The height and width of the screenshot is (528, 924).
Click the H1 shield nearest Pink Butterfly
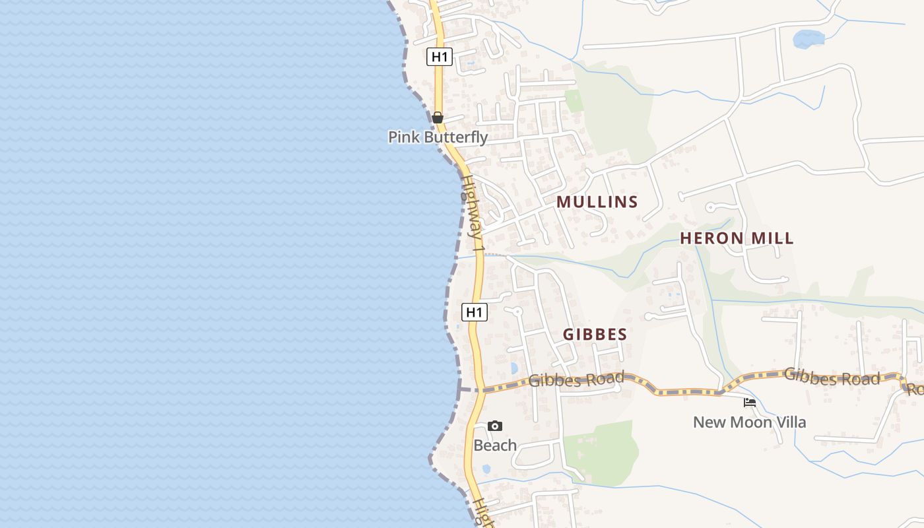(x=440, y=57)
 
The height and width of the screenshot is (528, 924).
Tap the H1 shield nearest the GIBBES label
(x=474, y=312)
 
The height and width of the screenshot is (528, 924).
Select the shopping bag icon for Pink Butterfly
(x=437, y=117)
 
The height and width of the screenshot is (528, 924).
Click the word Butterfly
(x=456, y=137)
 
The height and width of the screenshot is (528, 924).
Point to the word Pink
(x=404, y=137)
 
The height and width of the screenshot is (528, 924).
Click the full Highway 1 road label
(x=473, y=214)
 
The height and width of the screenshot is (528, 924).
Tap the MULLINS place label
(x=597, y=202)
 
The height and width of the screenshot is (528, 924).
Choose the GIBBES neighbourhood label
(x=595, y=335)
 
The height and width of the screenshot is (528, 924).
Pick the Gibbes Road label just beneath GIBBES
(x=576, y=379)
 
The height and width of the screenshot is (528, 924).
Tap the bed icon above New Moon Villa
(x=749, y=402)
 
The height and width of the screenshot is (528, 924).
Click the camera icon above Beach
(x=495, y=426)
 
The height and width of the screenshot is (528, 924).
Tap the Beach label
(x=495, y=445)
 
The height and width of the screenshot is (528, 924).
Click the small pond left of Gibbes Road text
(x=514, y=368)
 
